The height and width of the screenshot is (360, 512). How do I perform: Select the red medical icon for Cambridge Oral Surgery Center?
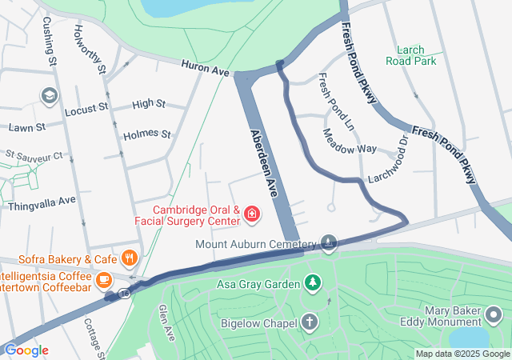(x=252, y=214)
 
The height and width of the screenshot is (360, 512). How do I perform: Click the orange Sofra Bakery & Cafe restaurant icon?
(x=129, y=258)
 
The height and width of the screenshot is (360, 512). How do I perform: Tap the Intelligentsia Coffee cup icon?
(x=103, y=280)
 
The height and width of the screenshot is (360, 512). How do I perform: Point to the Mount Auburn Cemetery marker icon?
(x=329, y=242)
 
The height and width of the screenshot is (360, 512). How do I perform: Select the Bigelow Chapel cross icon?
(x=309, y=322)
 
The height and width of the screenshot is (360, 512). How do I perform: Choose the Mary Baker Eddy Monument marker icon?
(x=494, y=317)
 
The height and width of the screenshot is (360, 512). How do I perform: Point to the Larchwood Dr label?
(x=389, y=166)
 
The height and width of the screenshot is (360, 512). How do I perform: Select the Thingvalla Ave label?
(x=41, y=199)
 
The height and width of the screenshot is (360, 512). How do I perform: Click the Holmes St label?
(x=147, y=134)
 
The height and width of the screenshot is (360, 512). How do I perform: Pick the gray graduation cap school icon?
(x=49, y=96)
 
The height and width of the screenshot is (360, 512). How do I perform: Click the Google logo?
(x=26, y=350)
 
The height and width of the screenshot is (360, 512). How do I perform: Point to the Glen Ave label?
(x=166, y=322)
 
